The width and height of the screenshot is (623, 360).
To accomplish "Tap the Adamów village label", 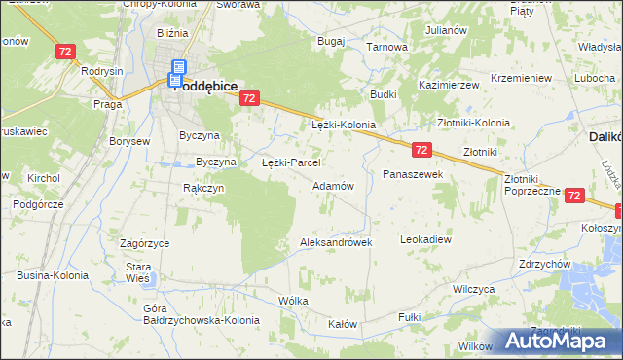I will (x=332, y=185).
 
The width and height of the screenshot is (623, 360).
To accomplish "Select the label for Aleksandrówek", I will (x=337, y=242).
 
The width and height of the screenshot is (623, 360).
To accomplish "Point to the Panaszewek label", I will (x=413, y=174).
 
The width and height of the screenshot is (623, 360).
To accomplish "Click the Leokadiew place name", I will (x=426, y=238).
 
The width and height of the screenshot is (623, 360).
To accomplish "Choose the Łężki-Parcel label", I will (x=292, y=162).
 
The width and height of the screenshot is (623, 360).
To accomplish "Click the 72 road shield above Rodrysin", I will (x=66, y=51).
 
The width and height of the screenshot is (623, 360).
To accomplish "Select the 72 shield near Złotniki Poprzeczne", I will (x=573, y=196).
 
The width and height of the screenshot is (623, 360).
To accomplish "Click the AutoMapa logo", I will (x=564, y=341).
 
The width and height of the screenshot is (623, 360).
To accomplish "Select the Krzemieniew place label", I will (x=522, y=78).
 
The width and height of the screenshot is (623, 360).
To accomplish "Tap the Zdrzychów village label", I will (x=545, y=264).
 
